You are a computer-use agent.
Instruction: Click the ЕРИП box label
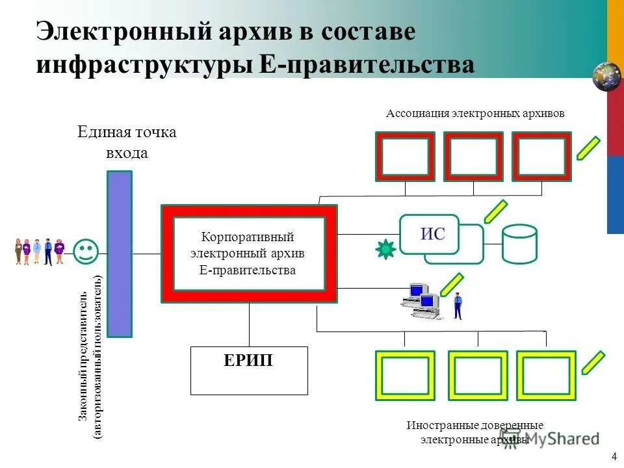pyautogui.click(x=248, y=361)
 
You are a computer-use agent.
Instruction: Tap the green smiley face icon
pyautogui.click(x=86, y=252)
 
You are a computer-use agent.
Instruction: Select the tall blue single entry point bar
pyautogui.click(x=120, y=253)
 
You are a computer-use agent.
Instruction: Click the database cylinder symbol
pyautogui.click(x=519, y=244)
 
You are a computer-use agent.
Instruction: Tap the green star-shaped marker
pyautogui.click(x=385, y=249)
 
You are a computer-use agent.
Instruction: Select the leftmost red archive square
pyautogui.click(x=404, y=157)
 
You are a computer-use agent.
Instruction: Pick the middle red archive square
pyautogui.click(x=473, y=157)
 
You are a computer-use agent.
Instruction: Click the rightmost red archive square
pyautogui.click(x=541, y=157)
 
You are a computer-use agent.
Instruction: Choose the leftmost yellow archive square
pyautogui.click(x=405, y=375)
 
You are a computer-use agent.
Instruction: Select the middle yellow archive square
pyautogui.click(x=477, y=375)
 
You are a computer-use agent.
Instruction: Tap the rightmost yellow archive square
pyautogui.click(x=545, y=375)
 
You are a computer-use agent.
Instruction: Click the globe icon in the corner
pyautogui.click(x=607, y=76)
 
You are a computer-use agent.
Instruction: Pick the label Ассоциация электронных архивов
pyautogui.click(x=475, y=113)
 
